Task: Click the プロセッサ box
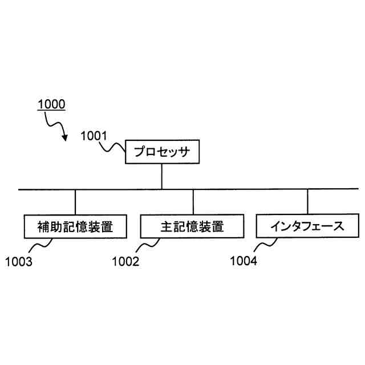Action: (161, 152)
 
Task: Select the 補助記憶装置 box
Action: (75, 226)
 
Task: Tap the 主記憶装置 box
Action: (193, 226)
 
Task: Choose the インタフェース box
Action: (308, 226)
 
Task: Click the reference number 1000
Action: (51, 105)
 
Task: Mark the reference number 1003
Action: (18, 262)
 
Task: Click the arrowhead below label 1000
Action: (66, 137)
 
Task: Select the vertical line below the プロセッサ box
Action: (161, 176)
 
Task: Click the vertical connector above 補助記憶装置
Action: (75, 202)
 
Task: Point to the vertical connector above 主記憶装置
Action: (193, 202)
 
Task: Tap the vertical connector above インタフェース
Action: (308, 202)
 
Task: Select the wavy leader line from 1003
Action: (40, 246)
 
